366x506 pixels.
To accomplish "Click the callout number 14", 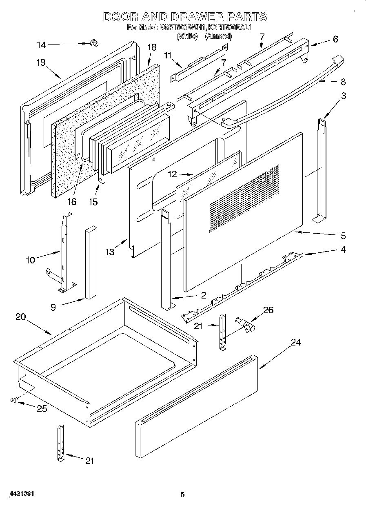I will pos(41,45).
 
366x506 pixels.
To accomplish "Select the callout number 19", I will pos(40,63).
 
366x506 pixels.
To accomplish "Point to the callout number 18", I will pos(151,47).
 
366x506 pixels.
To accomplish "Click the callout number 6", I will pos(335,39).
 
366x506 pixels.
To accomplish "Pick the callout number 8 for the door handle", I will pos(343,82).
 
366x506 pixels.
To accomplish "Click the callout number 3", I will pos(344,96).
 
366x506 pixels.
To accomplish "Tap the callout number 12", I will pos(172,174).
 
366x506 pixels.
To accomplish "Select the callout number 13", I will pos(110,252).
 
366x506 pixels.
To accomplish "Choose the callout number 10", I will pos(31,260).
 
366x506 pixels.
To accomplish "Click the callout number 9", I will pos(53,307).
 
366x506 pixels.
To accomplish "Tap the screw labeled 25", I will pos(14,401).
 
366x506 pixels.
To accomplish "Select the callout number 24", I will pos(295,342).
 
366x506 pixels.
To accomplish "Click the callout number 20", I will pos(21,317).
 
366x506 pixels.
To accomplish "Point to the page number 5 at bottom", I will pos(183,495).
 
